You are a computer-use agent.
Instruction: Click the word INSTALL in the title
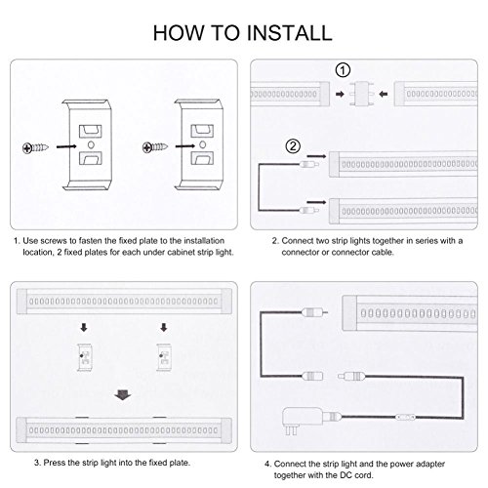(289, 33)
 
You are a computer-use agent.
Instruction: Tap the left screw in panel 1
(35, 148)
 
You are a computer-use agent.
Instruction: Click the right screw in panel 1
(155, 147)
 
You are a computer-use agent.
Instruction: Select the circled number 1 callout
(343, 70)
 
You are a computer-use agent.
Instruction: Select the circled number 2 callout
(293, 146)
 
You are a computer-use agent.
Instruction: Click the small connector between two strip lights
(362, 94)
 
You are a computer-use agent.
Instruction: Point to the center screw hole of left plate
(91, 144)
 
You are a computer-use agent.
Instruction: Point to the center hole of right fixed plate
(202, 144)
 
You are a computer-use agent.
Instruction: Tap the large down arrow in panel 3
(123, 395)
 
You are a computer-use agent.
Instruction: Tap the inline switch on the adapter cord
(405, 417)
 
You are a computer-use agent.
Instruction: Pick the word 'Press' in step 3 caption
(55, 463)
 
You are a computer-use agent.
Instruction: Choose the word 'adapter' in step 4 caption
(429, 465)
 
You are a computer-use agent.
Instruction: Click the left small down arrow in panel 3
(84, 328)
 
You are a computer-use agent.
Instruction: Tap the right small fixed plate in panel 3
(163, 357)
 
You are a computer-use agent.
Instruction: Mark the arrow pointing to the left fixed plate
(66, 147)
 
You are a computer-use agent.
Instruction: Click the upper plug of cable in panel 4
(314, 313)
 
